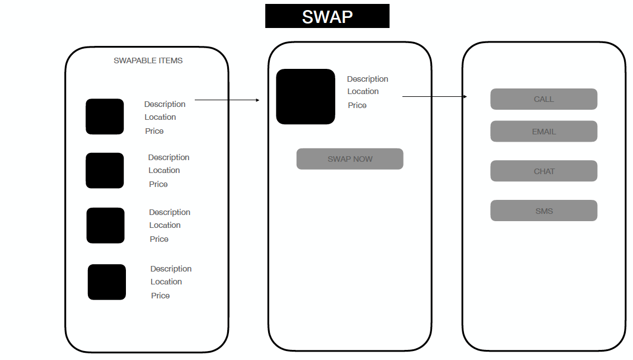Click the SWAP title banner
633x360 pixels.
[x=327, y=16]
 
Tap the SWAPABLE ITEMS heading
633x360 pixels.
[x=148, y=60]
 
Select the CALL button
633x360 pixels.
[x=543, y=99]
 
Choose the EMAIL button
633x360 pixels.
[x=543, y=132]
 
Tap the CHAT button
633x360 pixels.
[x=543, y=171]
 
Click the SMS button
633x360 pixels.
[x=543, y=211]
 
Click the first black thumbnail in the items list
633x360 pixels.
[x=105, y=116]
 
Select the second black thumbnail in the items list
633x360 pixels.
[x=105, y=170]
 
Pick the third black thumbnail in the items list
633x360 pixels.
[x=105, y=225]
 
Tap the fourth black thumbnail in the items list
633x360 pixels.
[x=106, y=282]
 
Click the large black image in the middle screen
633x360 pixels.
[x=305, y=96]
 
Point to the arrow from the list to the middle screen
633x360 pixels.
[x=227, y=100]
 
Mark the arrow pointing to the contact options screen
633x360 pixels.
[x=434, y=97]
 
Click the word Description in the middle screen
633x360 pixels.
[x=367, y=79]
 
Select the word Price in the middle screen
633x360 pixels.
[x=357, y=105]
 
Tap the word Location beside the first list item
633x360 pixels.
[x=160, y=117]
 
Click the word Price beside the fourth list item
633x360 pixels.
[x=160, y=296]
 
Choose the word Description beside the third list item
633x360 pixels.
[x=170, y=212]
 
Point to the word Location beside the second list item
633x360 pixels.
[x=164, y=170]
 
